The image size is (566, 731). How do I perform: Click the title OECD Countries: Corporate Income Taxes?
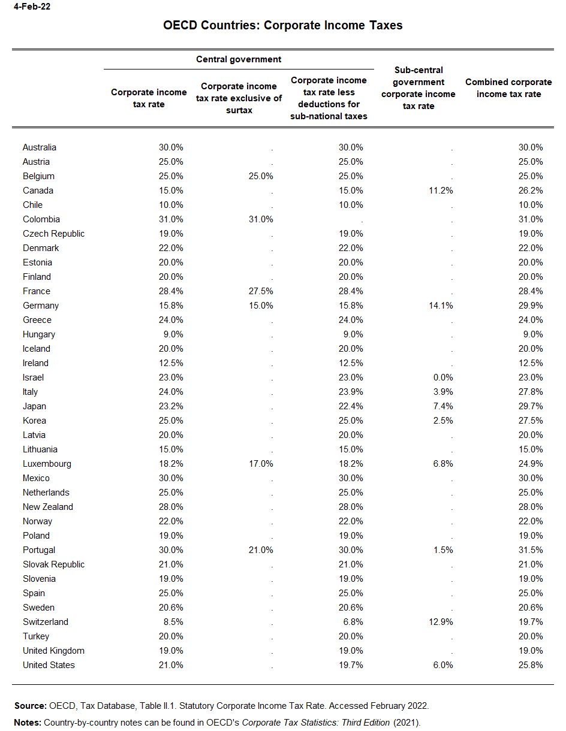283,25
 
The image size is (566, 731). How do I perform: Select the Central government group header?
239,59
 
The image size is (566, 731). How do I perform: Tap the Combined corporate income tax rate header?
508,88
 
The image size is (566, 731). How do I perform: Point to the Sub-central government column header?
419,88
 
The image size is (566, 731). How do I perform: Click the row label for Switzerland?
46,622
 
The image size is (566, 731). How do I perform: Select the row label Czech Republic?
54,234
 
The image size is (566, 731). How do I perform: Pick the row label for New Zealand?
48,507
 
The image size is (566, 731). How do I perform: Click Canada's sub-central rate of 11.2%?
441,191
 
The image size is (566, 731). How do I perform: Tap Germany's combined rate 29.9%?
531,306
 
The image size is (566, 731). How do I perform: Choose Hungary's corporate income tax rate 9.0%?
173,334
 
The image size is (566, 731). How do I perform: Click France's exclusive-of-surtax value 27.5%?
261,291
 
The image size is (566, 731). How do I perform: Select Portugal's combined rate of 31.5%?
531,550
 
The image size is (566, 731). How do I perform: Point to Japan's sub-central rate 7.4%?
442,406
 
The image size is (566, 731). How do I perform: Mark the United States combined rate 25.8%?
531,665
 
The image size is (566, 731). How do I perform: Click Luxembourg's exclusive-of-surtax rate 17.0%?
261,464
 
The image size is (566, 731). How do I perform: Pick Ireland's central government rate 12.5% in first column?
171,363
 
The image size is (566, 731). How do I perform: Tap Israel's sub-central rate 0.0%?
442,377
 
